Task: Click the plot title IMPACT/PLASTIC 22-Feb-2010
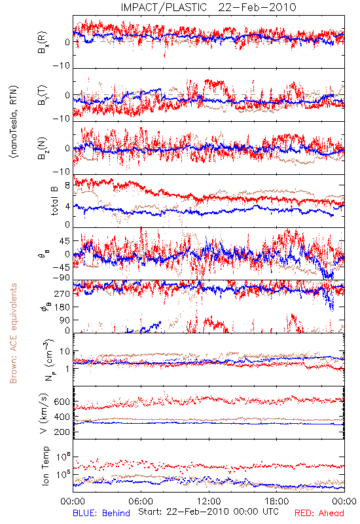click(208, 7)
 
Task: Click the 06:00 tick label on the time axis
click(141, 501)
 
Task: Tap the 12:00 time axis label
click(209, 501)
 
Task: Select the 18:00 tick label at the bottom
click(277, 501)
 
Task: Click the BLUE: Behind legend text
click(101, 513)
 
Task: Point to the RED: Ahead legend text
click(319, 513)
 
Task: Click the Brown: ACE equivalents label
click(13, 333)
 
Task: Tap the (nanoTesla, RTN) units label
click(14, 122)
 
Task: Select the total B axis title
click(54, 201)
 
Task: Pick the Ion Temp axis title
click(45, 466)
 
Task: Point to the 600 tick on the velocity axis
click(62, 402)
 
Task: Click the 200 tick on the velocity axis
click(62, 432)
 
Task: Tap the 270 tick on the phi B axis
click(62, 293)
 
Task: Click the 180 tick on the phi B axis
click(62, 307)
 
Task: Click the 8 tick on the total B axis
click(67, 186)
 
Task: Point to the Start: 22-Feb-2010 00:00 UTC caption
click(208, 512)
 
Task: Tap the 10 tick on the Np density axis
click(65, 352)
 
